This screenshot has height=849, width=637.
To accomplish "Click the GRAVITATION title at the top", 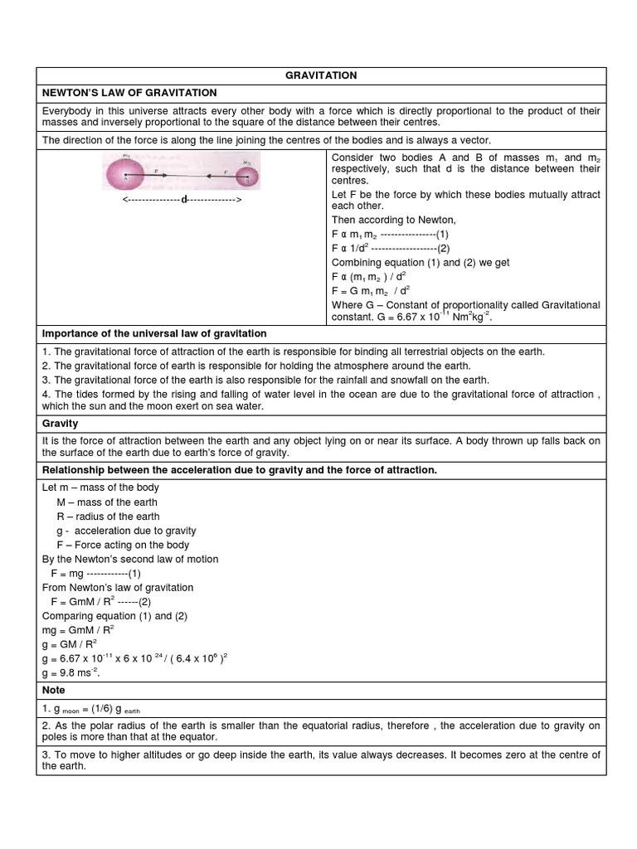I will [321, 75].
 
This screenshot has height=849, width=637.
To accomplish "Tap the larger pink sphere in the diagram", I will [123, 175].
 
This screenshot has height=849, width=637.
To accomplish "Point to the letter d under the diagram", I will [184, 201].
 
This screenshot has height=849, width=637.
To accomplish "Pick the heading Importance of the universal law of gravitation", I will [154, 334].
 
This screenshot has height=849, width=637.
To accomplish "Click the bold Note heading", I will [53, 690].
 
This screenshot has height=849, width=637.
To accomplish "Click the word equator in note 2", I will [198, 737].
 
